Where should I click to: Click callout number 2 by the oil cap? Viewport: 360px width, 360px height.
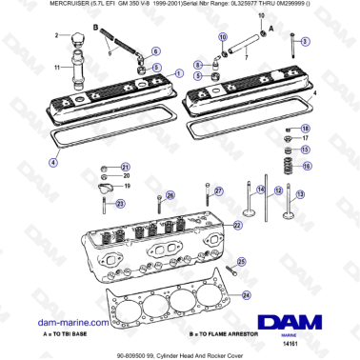[56, 35]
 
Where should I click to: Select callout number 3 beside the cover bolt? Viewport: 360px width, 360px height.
[306, 44]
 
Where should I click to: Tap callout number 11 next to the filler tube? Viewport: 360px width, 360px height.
[56, 67]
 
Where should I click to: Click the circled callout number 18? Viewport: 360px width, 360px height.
[306, 129]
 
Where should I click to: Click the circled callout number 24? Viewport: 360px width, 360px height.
[246, 295]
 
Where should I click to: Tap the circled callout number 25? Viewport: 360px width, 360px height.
[243, 261]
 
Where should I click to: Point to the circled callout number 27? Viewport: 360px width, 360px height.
[217, 190]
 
